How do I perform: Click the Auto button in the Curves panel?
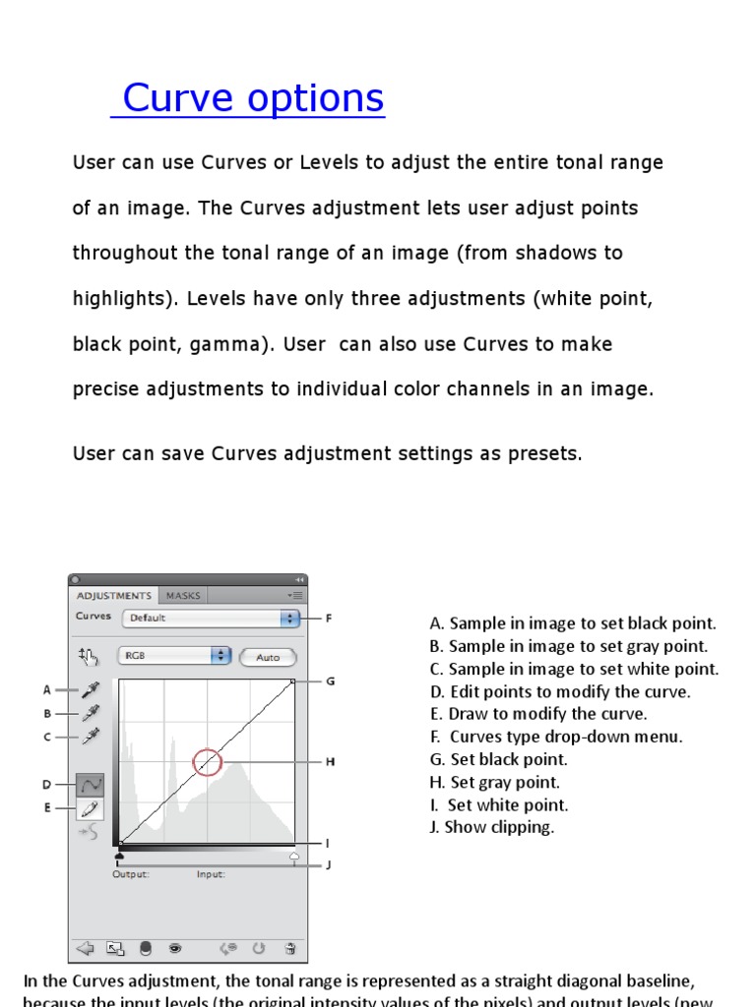tap(267, 657)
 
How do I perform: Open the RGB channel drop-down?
tap(173, 656)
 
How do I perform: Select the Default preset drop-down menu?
tap(210, 619)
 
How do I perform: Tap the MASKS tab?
tap(183, 595)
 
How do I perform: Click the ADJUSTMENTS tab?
tap(114, 595)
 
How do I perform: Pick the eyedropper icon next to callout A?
tap(91, 690)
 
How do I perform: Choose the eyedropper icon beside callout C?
tap(91, 736)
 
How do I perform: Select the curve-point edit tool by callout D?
tap(91, 785)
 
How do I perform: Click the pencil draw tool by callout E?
tap(91, 808)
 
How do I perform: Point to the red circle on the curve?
tap(206, 761)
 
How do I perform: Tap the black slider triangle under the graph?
tap(120, 857)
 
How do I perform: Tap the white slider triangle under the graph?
tap(293, 857)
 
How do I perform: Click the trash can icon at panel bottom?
tap(290, 948)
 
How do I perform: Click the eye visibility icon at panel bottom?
tap(175, 948)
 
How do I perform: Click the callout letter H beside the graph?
tap(331, 761)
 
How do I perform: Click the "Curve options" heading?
tap(252, 98)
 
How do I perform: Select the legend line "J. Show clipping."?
tap(492, 827)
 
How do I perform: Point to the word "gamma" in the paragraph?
tap(237, 344)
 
